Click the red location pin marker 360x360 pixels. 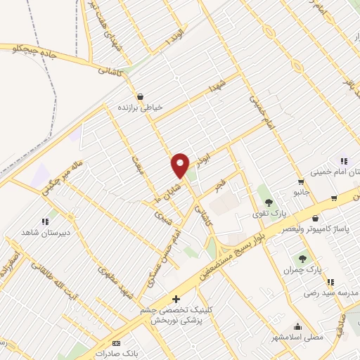pos(180,165)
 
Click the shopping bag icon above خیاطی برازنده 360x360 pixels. pos(141,97)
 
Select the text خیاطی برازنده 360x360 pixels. pos(141,108)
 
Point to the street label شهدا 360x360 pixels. pos(214,87)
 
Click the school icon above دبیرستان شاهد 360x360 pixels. pos(45,222)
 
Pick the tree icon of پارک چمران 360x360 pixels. pos(303,259)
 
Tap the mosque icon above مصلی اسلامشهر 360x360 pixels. pos(298,327)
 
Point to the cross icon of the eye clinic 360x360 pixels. pos(167,300)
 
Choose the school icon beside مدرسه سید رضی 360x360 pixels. pos(330,281)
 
